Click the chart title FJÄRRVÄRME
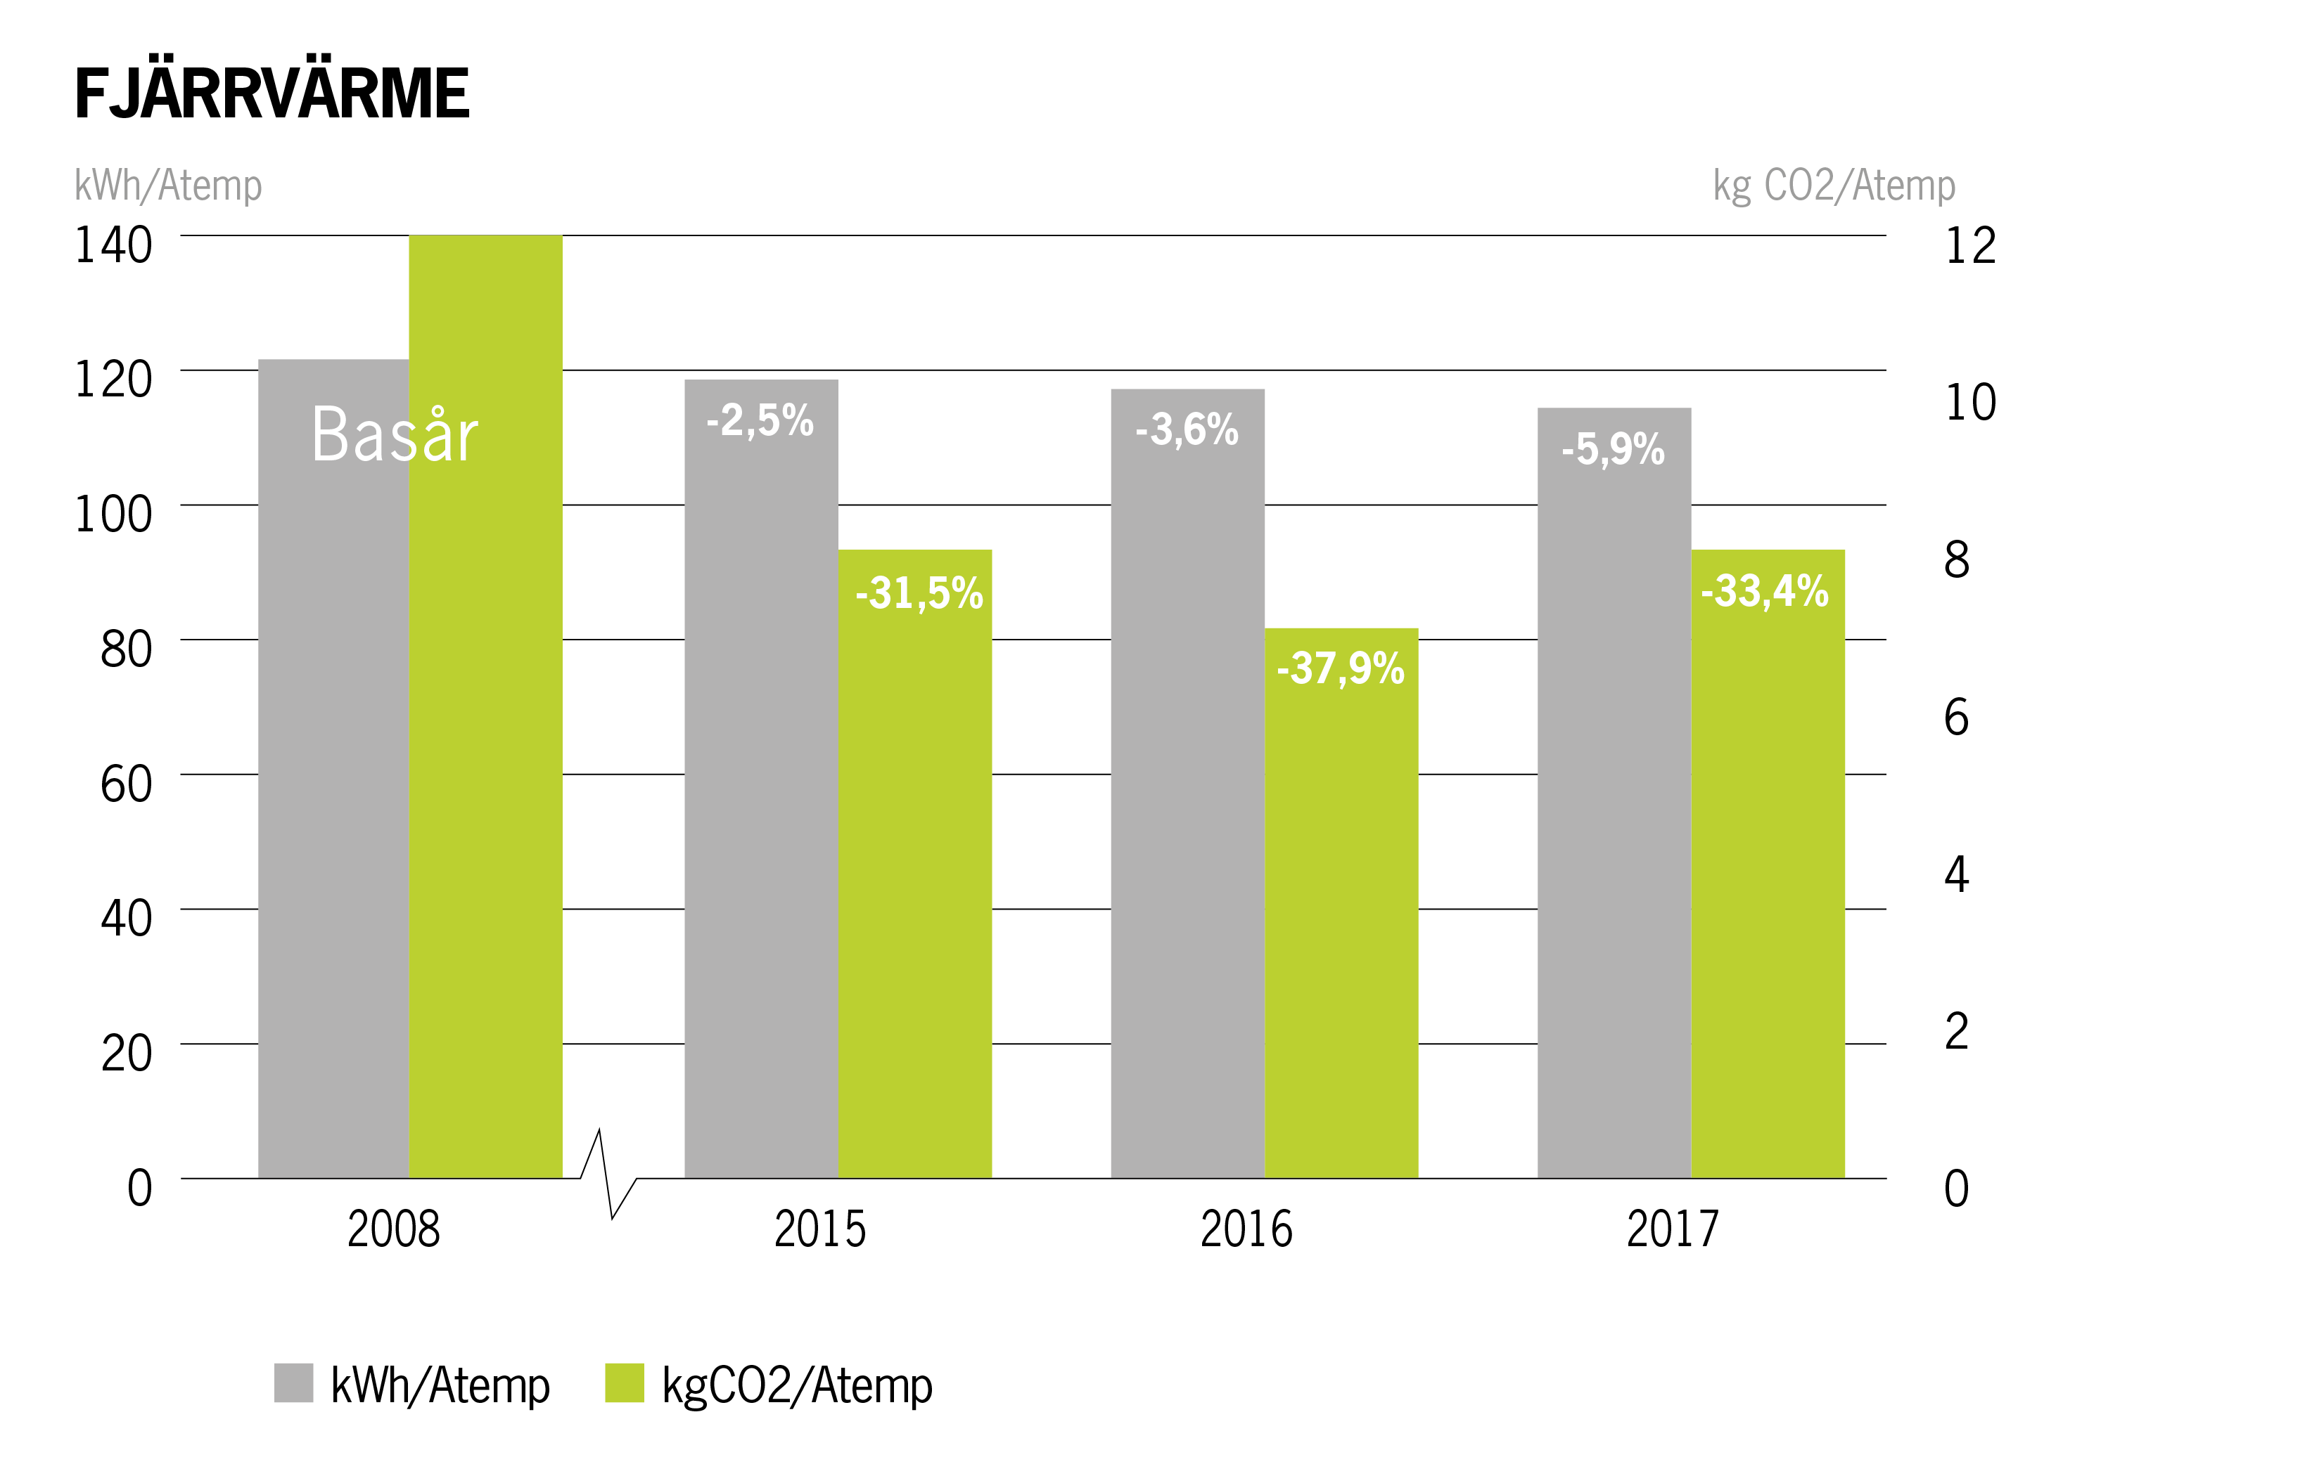click(272, 94)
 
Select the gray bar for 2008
click(333, 816)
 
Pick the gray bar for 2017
click(1614, 816)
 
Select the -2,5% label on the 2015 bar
click(760, 420)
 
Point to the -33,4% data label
click(1765, 591)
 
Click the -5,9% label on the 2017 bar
click(1613, 449)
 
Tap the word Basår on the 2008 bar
click(395, 436)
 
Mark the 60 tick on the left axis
click(126, 784)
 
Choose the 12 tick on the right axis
click(1970, 246)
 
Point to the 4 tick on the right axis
click(1957, 874)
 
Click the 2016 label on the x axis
click(1246, 1229)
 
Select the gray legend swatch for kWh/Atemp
click(294, 1383)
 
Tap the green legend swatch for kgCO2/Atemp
click(624, 1383)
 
